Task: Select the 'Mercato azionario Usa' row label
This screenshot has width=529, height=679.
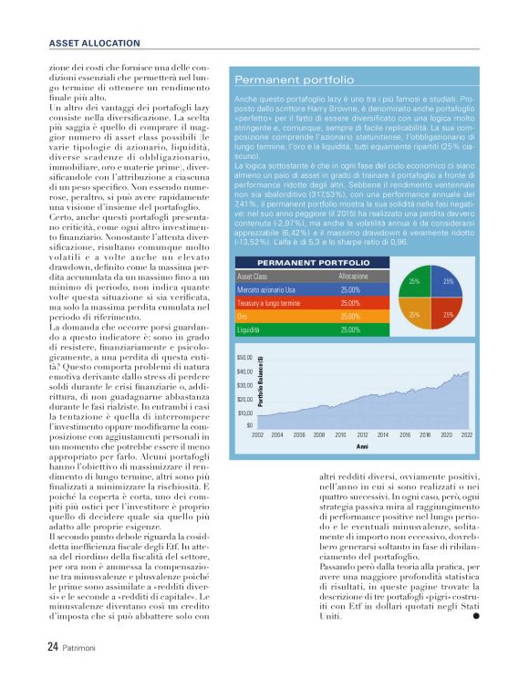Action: [x=274, y=289]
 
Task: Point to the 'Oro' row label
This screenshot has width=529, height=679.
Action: [x=244, y=316]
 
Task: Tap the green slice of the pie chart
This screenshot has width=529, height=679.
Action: [x=415, y=283]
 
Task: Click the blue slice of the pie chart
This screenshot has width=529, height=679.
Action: [x=447, y=283]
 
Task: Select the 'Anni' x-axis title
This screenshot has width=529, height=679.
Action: [x=362, y=447]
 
